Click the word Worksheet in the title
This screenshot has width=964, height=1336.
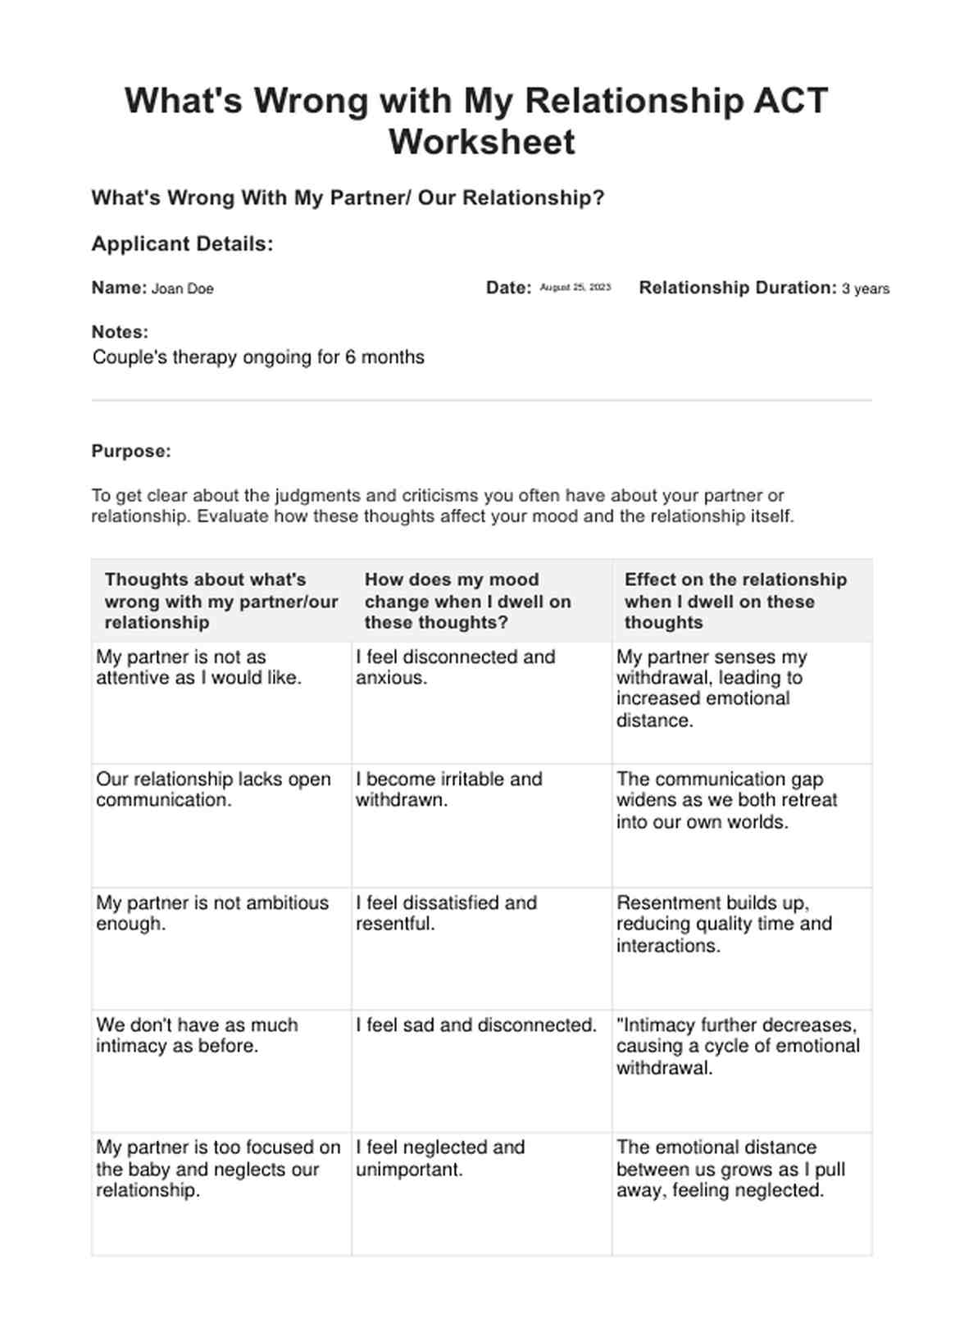pos(481,142)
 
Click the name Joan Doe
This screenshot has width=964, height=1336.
pos(182,289)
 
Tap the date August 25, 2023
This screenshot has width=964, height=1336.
pos(575,288)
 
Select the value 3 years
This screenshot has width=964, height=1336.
pos(865,289)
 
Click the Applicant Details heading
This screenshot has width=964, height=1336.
pos(182,244)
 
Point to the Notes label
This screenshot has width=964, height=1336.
pos(120,332)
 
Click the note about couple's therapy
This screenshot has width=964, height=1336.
pos(258,357)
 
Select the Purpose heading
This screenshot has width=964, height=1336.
pos(131,451)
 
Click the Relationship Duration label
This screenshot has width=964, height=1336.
pos(737,288)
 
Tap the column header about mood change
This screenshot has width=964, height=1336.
pos(467,601)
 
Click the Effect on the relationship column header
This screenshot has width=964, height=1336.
pos(734,601)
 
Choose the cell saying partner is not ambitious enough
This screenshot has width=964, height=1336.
pos(212,913)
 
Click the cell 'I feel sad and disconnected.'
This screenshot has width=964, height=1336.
pos(476,1025)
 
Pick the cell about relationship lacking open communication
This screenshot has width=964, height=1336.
pos(213,789)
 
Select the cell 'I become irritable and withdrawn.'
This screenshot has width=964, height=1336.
pos(448,789)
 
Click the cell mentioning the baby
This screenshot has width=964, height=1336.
pos(217,1169)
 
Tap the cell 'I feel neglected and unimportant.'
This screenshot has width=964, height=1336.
pos(439,1158)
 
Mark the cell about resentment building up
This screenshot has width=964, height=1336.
pos(724,924)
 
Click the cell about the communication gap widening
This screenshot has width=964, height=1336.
pos(726,800)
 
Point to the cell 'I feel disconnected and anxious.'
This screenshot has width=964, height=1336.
pos(455,667)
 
